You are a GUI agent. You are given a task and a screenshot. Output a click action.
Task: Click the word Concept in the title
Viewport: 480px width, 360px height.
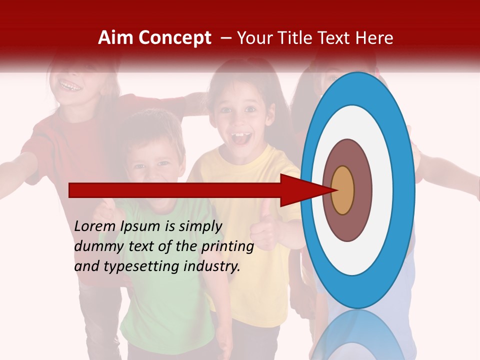(175, 38)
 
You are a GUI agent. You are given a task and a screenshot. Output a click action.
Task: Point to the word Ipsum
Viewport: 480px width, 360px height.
(141, 227)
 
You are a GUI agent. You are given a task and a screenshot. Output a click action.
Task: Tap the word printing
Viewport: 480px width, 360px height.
(227, 247)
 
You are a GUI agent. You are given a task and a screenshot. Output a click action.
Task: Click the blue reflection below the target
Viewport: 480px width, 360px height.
(357, 335)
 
